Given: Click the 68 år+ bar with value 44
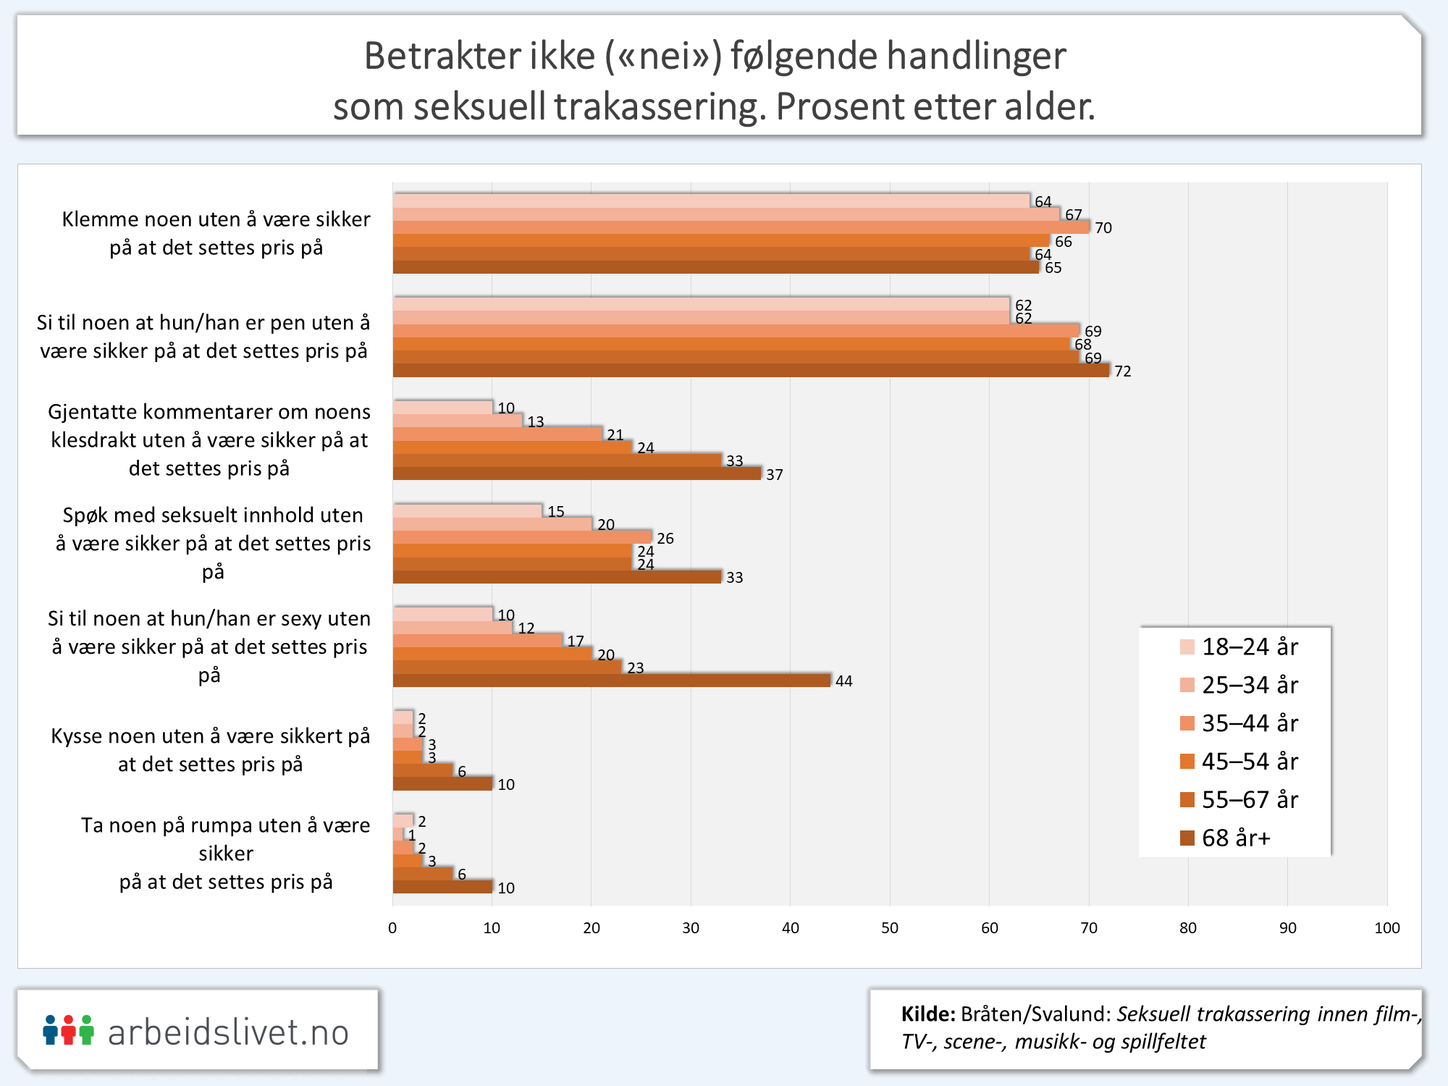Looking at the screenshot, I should click(612, 681).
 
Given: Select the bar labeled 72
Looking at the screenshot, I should click(751, 371).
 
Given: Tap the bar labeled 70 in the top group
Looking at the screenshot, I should click(741, 227).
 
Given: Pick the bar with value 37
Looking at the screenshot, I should click(577, 473).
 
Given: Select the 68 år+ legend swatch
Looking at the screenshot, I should click(1187, 838).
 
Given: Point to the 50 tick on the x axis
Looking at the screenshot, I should click(890, 928).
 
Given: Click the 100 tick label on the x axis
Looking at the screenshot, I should click(1386, 928).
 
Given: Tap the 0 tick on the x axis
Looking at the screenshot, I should click(392, 928).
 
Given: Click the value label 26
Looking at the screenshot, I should click(665, 539).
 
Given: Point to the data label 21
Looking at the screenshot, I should click(615, 435).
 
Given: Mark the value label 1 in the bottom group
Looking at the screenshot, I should click(412, 835).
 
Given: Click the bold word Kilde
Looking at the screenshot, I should click(927, 1014).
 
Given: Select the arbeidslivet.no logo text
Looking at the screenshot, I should click(228, 1032).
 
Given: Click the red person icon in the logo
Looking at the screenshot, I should click(68, 1030).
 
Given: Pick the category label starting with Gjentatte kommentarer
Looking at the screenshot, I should click(209, 439).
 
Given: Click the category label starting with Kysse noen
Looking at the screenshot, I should click(210, 750).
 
